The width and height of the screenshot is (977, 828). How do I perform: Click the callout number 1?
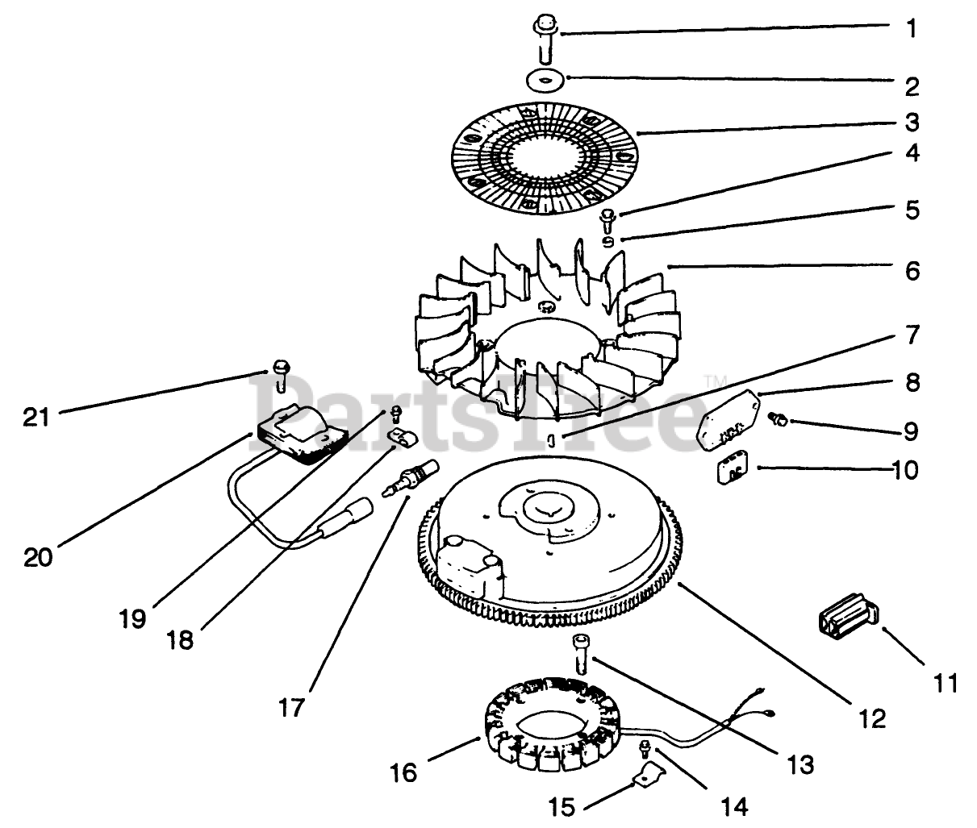(x=912, y=28)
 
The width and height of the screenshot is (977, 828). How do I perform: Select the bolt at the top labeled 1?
(x=546, y=40)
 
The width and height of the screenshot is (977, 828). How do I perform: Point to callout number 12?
(x=872, y=719)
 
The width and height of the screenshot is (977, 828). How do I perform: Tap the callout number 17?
(x=290, y=708)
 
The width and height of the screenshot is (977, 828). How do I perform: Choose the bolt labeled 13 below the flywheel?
(x=580, y=654)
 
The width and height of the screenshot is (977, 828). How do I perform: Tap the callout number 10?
(x=904, y=470)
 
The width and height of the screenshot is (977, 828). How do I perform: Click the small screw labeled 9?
(x=777, y=418)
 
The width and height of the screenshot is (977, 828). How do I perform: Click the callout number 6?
(x=912, y=271)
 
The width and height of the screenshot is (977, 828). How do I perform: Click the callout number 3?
(x=912, y=122)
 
